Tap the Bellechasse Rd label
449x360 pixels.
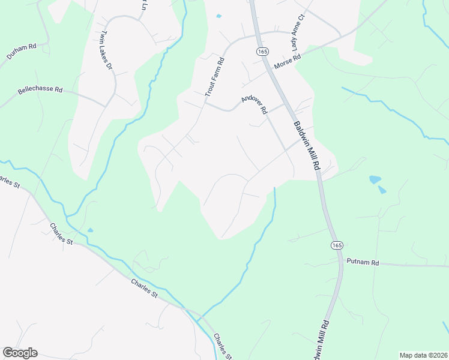pyautogui.click(x=40, y=90)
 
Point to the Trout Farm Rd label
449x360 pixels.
pyautogui.click(x=214, y=77)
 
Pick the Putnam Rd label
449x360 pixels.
pyautogui.click(x=363, y=262)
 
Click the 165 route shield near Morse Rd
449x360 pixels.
pyautogui.click(x=262, y=52)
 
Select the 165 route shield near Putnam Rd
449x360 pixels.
pyautogui.click(x=337, y=245)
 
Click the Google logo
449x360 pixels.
pyautogui.click(x=20, y=353)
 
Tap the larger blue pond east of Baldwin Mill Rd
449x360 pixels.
pyautogui.click(x=375, y=179)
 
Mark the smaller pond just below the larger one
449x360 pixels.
pyautogui.click(x=382, y=190)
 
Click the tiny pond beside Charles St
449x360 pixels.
pyautogui.click(x=90, y=230)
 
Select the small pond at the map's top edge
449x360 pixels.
pyautogui.click(x=218, y=16)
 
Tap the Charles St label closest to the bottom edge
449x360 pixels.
pyautogui.click(x=223, y=346)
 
